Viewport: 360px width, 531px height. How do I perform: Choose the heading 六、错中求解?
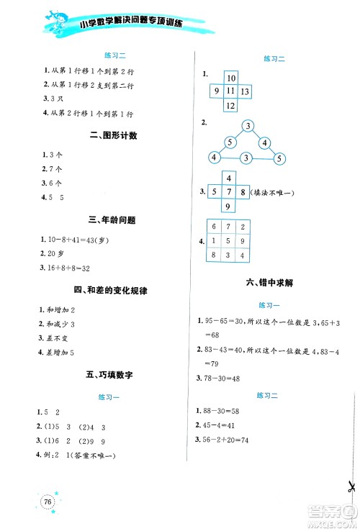(x=270, y=283)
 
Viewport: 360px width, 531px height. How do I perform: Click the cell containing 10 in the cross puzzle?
(x=230, y=78)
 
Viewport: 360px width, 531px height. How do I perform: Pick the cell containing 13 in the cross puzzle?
(x=246, y=91)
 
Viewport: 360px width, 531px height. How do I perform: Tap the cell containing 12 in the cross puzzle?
(x=230, y=106)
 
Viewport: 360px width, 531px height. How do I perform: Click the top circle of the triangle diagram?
(x=247, y=127)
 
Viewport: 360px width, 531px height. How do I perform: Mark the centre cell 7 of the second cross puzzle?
(x=228, y=192)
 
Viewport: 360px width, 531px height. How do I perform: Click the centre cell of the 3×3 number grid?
(x=228, y=241)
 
